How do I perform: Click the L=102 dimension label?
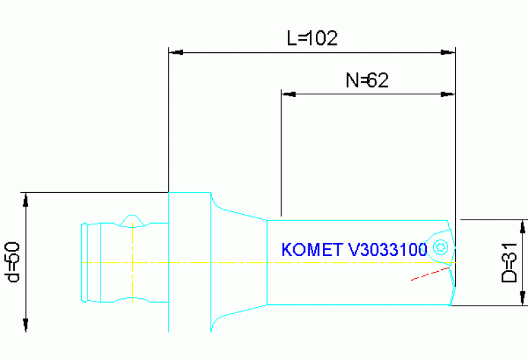pyautogui.click(x=312, y=38)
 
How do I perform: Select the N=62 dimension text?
pyautogui.click(x=367, y=81)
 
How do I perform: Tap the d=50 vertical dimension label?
pyautogui.click(x=12, y=262)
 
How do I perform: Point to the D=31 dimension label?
pyautogui.click(x=509, y=263)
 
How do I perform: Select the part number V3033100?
pyautogui.click(x=388, y=249)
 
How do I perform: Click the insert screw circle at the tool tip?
pyautogui.click(x=440, y=247)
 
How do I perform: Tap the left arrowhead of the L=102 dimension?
pyautogui.click(x=175, y=52)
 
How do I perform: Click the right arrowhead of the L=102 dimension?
pyautogui.click(x=449, y=52)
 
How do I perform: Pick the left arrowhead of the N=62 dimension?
pyautogui.click(x=287, y=94)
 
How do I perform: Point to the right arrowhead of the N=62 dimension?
pyautogui.click(x=449, y=94)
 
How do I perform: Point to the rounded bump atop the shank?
pyautogui.click(x=131, y=220)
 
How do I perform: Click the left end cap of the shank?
pyautogui.click(x=83, y=262)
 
